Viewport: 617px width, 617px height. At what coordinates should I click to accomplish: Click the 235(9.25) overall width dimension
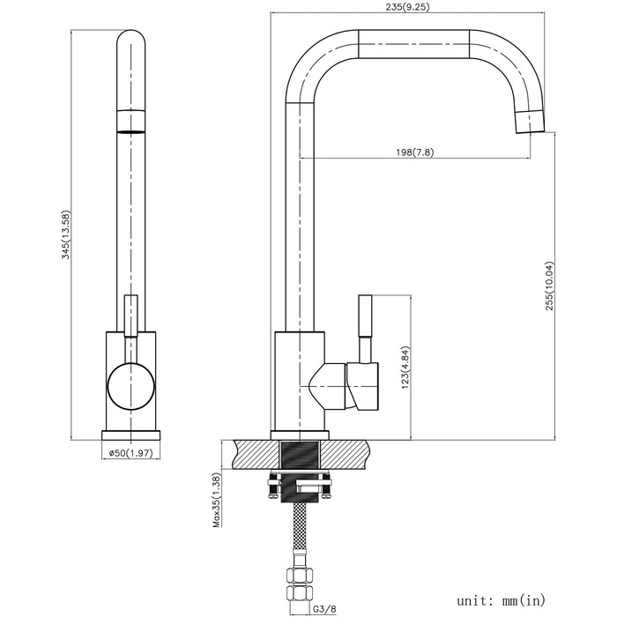(407, 7)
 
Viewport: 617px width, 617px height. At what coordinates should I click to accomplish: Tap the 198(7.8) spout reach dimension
(414, 152)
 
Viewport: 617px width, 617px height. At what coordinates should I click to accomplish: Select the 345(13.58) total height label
(66, 235)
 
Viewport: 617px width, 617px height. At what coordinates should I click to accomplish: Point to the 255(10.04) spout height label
(549, 286)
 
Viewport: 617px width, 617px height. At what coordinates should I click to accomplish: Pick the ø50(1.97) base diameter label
(130, 453)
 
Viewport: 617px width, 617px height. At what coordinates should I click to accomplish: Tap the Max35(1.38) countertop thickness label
(217, 500)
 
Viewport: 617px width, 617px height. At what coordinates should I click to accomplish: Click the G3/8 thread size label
(325, 609)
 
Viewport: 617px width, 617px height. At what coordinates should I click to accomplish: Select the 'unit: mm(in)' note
(501, 600)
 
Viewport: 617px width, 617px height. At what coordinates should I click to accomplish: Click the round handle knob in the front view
(130, 387)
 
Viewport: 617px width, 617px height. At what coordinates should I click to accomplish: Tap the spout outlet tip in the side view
(531, 122)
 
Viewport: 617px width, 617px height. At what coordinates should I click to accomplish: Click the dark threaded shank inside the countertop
(300, 455)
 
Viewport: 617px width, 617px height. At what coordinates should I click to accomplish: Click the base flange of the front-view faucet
(131, 435)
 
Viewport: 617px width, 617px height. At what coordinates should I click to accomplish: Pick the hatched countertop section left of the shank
(256, 455)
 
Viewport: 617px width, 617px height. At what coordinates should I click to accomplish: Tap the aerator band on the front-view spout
(131, 121)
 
